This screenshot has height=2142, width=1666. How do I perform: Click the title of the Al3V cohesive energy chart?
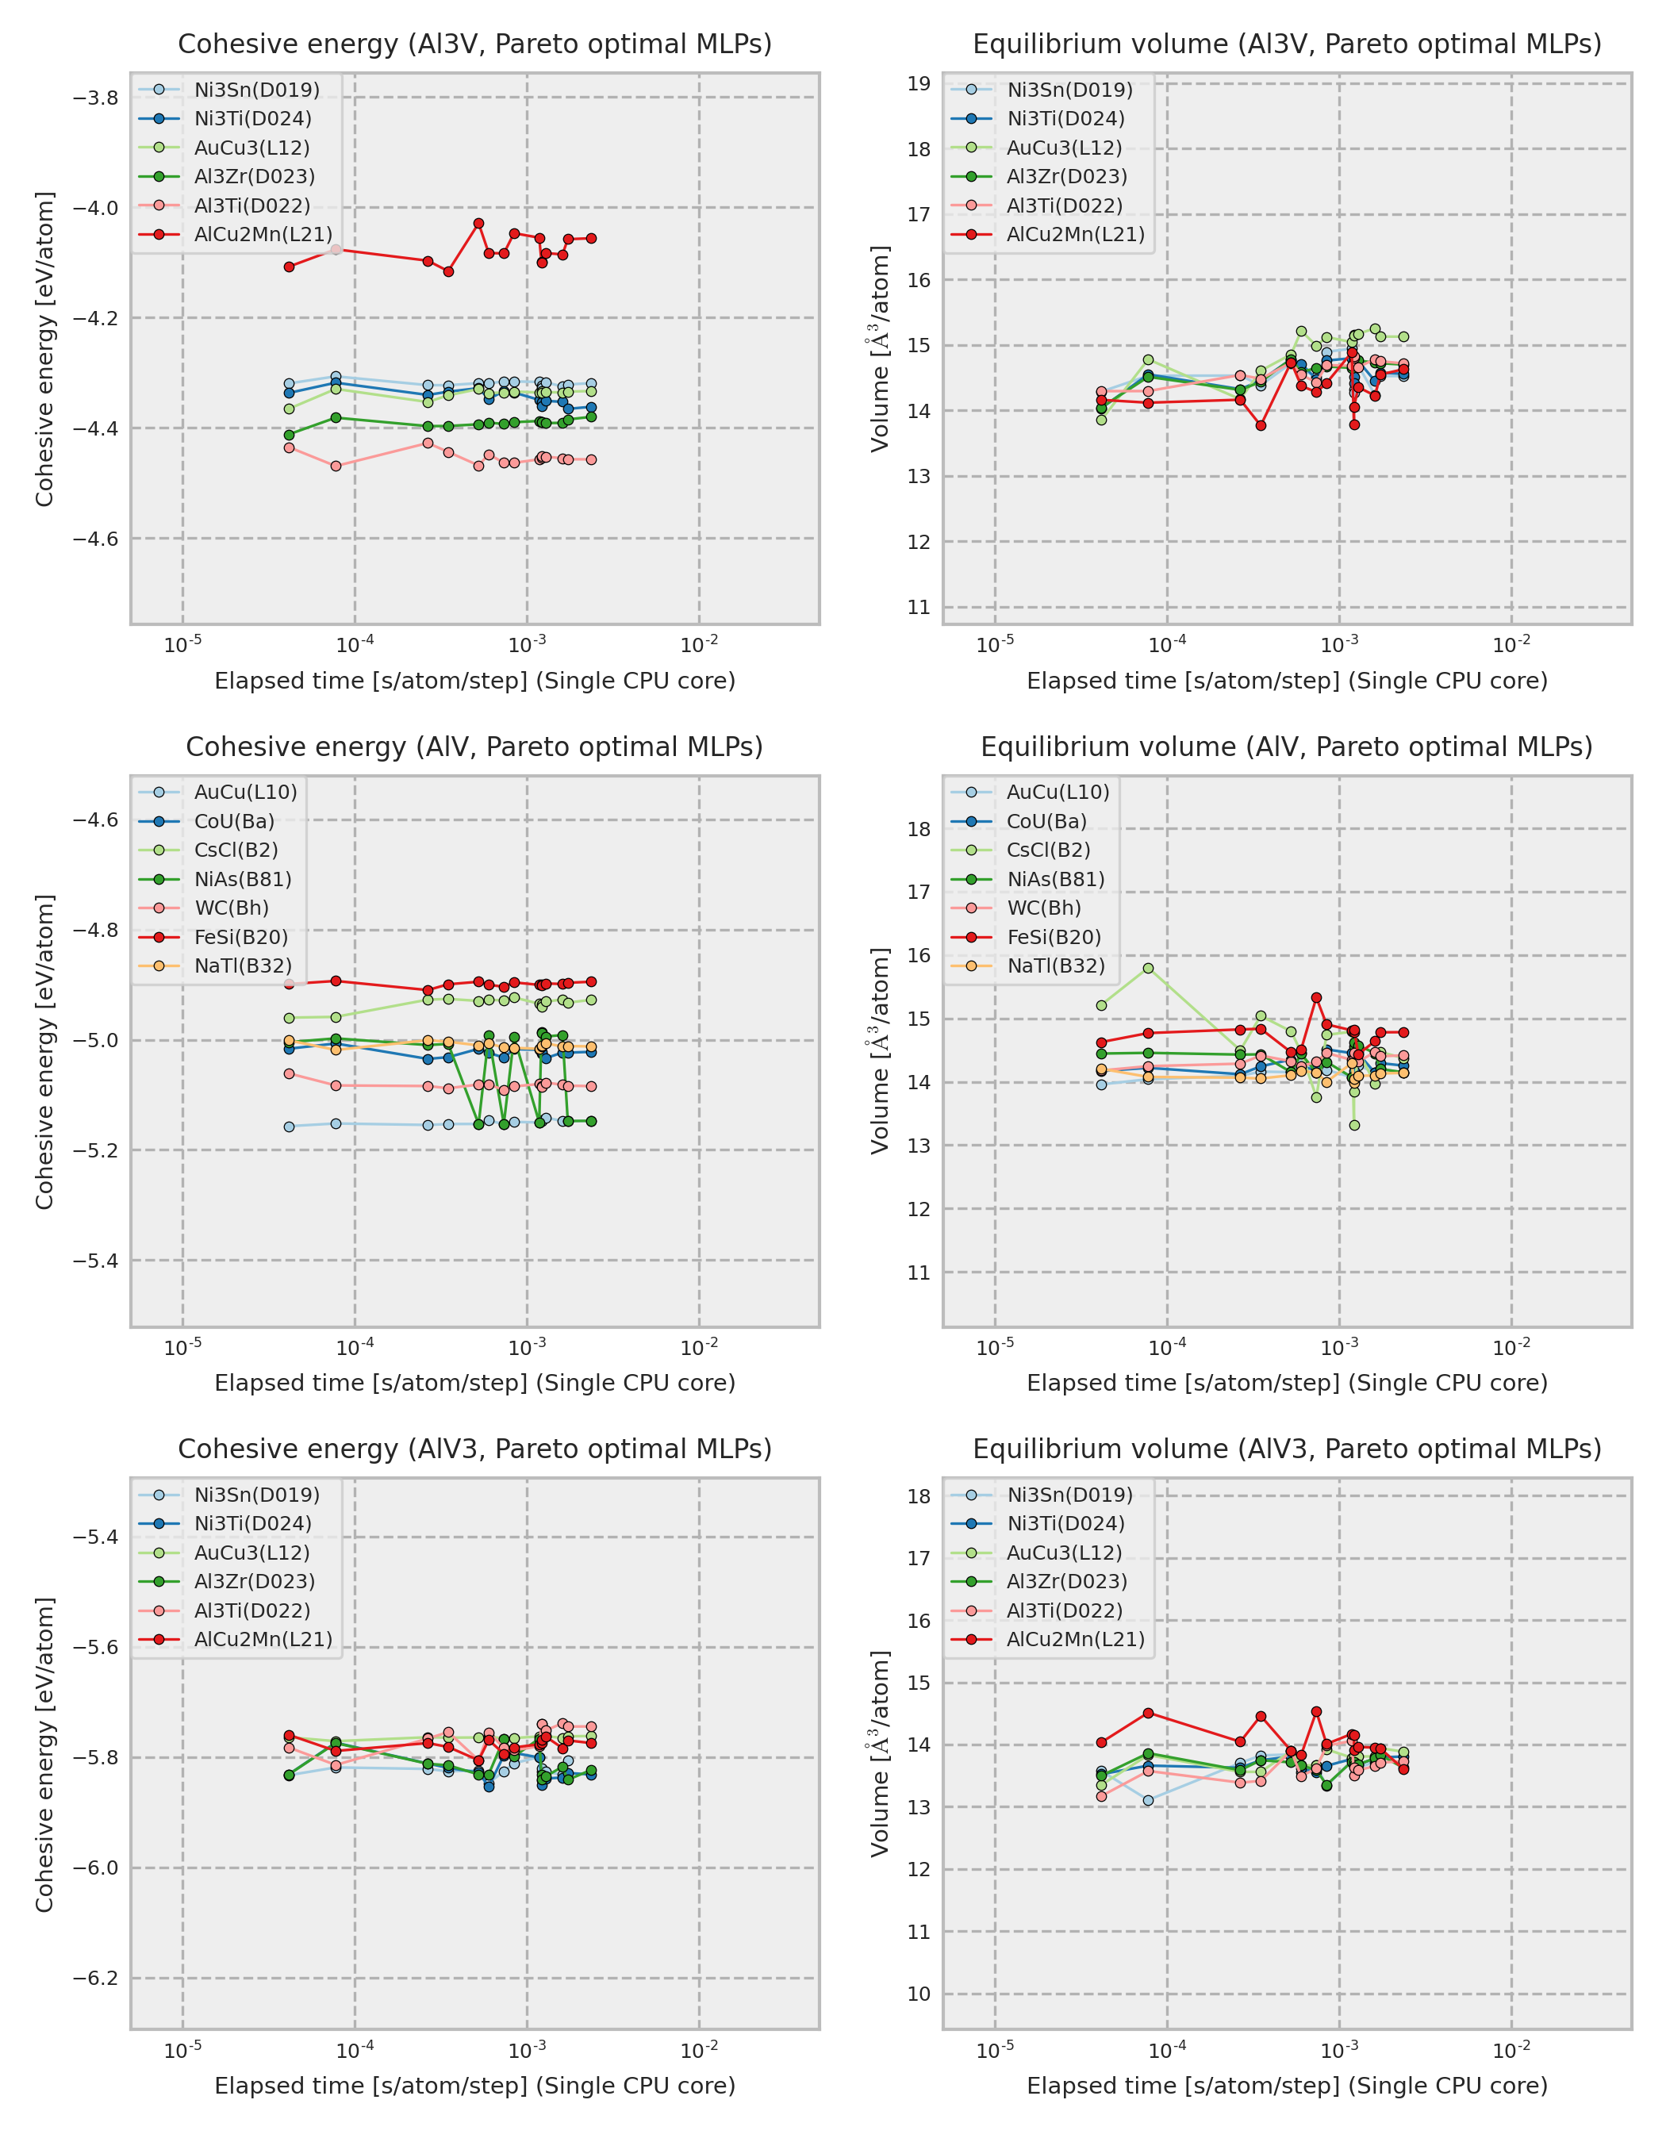pyautogui.click(x=474, y=44)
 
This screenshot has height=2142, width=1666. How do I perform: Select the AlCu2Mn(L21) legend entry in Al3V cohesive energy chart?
pyautogui.click(x=263, y=234)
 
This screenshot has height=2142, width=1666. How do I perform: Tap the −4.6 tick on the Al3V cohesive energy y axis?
pyautogui.click(x=95, y=539)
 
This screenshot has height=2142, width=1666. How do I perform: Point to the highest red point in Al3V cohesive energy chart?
pyautogui.click(x=478, y=224)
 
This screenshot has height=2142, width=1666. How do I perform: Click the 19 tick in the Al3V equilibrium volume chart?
pyautogui.click(x=919, y=83)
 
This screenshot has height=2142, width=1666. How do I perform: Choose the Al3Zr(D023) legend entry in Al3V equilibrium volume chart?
pyautogui.click(x=1067, y=177)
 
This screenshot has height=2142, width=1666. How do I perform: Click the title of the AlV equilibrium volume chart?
pyautogui.click(x=1287, y=747)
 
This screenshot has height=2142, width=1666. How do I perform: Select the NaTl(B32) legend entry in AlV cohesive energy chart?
pyautogui.click(x=242, y=966)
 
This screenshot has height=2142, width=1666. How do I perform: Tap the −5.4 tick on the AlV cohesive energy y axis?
pyautogui.click(x=95, y=1261)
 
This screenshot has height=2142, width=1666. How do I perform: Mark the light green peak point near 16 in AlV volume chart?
pyautogui.click(x=1148, y=968)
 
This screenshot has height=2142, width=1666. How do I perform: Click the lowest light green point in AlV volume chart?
pyautogui.click(x=1354, y=1125)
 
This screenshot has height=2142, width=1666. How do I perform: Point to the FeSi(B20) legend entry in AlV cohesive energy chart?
pyautogui.click(x=241, y=937)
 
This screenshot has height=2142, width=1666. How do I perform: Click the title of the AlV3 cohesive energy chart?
pyautogui.click(x=474, y=1449)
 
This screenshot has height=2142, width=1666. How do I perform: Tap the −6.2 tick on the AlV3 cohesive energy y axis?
pyautogui.click(x=95, y=1979)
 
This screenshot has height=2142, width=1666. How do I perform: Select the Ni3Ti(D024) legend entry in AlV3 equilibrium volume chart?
pyautogui.click(x=1066, y=1523)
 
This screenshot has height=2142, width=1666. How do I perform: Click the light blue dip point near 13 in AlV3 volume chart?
pyautogui.click(x=1148, y=1800)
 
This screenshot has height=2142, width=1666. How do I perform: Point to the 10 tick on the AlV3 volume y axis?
pyautogui.click(x=919, y=1994)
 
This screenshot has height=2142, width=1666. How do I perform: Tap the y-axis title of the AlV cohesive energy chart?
pyautogui.click(x=45, y=1051)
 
